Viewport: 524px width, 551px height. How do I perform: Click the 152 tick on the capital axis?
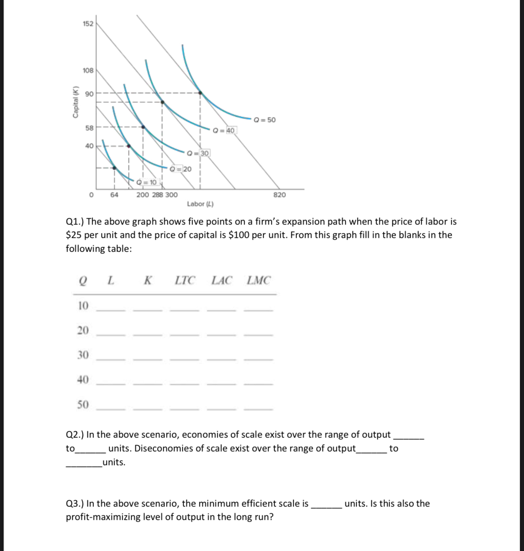pos(88,24)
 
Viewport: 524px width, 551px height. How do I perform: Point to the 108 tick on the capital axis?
pos(88,70)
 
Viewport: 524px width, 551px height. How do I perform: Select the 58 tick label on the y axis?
pos(89,128)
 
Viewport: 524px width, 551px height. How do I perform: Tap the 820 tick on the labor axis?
pos(279,195)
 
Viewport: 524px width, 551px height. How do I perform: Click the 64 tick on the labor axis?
pos(114,195)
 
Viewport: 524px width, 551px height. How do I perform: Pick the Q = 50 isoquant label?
pos(264,120)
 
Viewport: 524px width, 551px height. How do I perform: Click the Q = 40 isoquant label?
pos(224,130)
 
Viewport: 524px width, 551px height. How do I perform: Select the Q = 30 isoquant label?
pos(198,153)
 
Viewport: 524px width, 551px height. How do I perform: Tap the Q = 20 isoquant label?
pos(180,169)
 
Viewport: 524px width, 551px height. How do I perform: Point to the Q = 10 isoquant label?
pos(147,182)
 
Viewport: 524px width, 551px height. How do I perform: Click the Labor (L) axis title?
pos(200,204)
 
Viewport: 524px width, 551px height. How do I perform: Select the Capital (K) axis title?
pos(75,103)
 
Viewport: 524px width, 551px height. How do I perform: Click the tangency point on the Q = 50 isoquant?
pos(200,93)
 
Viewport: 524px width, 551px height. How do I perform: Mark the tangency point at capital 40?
pos(129,146)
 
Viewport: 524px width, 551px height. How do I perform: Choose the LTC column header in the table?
pos(185,280)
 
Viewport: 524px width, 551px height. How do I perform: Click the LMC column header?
pos(258,280)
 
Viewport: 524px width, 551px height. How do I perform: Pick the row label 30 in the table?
pos(83,355)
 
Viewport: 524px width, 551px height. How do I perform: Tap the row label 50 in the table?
pos(83,405)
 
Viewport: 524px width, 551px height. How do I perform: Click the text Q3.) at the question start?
pos(75,504)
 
